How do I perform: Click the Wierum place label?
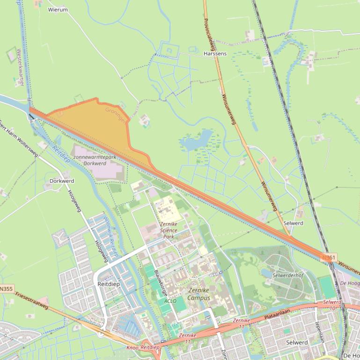coord(58,9)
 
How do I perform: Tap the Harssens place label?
coord(215,54)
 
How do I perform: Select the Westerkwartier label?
coord(20,67)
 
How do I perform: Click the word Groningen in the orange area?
coord(116,115)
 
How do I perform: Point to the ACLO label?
coord(170,301)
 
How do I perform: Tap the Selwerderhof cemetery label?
coord(288,275)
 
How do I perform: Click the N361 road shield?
coord(329,257)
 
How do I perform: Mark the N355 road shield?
coord(6,289)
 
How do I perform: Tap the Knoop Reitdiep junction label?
coord(143,348)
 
